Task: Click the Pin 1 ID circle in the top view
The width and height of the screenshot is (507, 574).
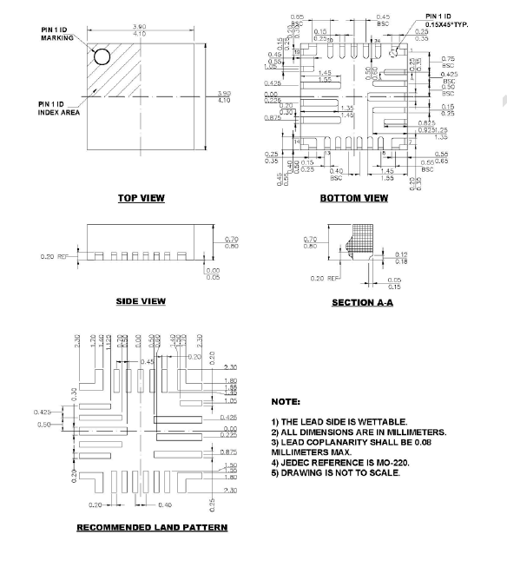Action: coord(102,57)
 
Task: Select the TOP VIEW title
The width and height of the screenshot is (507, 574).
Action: coord(141,198)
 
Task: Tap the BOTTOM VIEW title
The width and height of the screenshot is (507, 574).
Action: coord(353,198)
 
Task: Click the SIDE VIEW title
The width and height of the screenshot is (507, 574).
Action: coord(141,301)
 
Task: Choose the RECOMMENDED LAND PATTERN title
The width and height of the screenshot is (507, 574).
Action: coord(152,527)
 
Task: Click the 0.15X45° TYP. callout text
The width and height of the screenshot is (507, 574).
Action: coord(447,25)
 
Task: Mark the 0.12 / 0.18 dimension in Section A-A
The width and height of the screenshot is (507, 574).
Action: coord(400,257)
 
